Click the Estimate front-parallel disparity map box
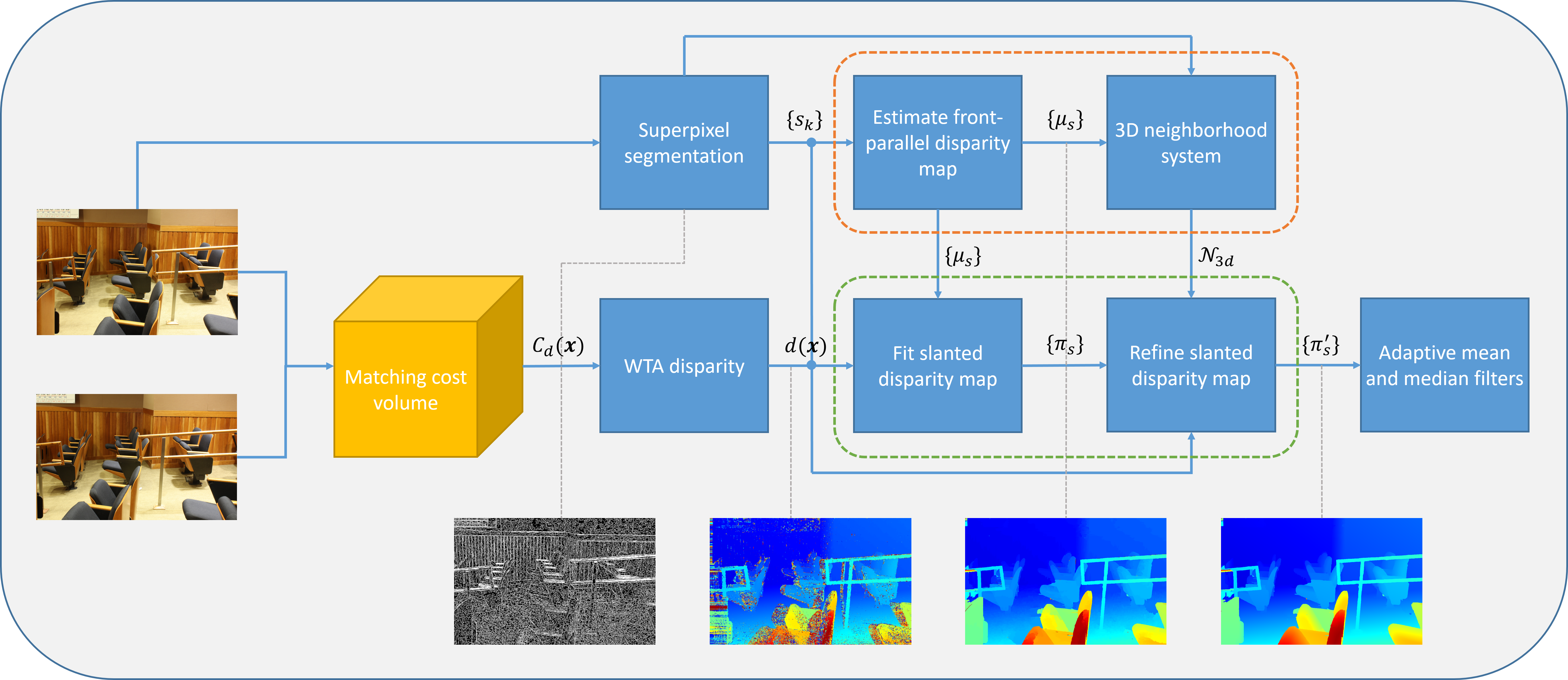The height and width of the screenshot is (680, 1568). [938, 142]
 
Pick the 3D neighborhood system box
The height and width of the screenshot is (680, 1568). [1191, 142]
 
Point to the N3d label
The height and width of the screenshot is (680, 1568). [1216, 256]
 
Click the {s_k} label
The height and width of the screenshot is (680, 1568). [804, 120]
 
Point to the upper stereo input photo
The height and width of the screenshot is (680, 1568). [137, 272]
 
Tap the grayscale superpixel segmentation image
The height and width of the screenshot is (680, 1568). [555, 582]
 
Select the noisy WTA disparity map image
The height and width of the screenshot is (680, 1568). [810, 582]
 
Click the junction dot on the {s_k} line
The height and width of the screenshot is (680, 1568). [811, 142]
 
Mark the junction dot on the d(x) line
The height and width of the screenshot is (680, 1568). [811, 365]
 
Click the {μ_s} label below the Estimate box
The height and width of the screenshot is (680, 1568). [962, 256]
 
